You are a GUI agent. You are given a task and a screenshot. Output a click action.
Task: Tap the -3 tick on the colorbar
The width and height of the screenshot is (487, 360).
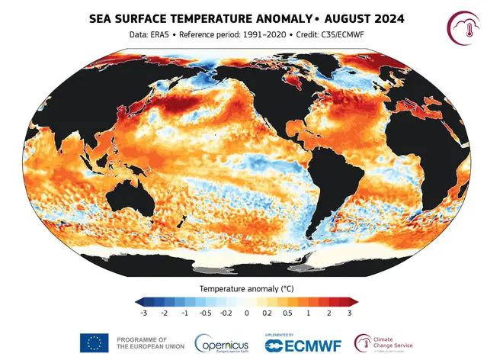[144, 313]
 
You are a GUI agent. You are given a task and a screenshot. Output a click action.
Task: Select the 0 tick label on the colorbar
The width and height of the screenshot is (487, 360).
[247, 313]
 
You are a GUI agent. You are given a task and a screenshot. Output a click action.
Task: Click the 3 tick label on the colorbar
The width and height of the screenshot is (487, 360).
[349, 313]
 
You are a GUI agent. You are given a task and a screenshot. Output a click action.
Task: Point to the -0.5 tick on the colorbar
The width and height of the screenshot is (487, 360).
[206, 313]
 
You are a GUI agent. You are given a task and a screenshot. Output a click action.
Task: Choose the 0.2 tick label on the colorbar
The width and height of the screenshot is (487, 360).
[268, 313]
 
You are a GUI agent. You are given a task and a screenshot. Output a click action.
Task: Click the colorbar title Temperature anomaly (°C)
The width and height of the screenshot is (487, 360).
[246, 289]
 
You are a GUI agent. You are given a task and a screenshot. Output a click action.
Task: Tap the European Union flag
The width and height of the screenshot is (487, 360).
[94, 343]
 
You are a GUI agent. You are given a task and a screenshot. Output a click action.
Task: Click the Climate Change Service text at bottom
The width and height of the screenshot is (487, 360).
[394, 342]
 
